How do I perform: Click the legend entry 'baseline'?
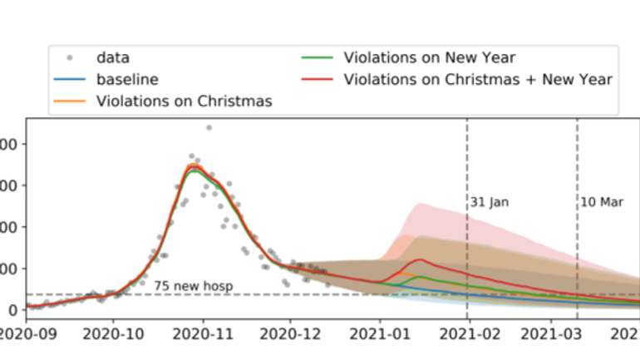coord(127,80)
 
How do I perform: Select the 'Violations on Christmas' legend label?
coord(185,101)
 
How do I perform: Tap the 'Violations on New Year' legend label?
coord(430,58)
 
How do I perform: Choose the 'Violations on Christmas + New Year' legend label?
coord(478,80)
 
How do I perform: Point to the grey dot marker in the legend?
coord(71,58)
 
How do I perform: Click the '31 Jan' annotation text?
coord(490,202)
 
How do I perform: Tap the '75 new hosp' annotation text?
coord(193,286)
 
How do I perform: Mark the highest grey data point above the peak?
coord(208,127)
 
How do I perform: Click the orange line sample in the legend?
coord(71,101)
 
